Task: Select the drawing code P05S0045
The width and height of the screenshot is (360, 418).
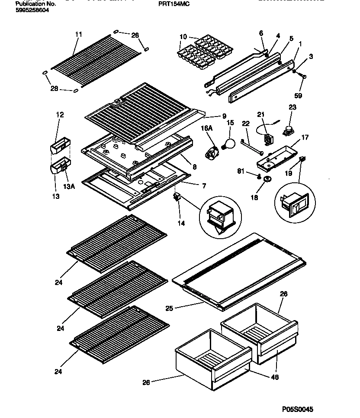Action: tap(297, 409)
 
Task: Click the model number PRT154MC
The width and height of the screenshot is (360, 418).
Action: tap(174, 3)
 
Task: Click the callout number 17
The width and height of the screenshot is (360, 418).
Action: tap(305, 138)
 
